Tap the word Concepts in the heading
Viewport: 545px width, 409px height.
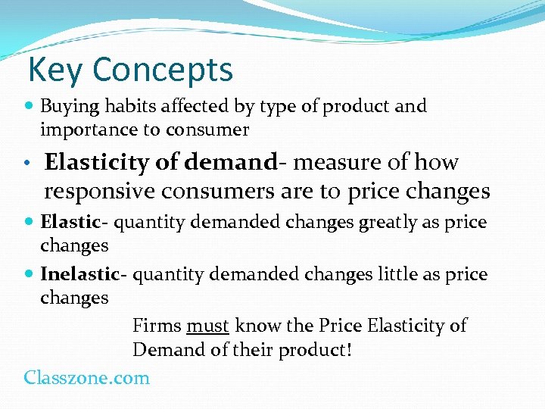point(163,70)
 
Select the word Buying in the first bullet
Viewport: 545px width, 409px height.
point(67,107)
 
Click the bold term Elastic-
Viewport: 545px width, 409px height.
point(70,223)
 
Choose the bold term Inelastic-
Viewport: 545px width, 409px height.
point(84,274)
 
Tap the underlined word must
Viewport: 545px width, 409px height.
point(207,326)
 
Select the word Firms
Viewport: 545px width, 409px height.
point(156,326)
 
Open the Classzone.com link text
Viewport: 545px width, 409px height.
point(86,377)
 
